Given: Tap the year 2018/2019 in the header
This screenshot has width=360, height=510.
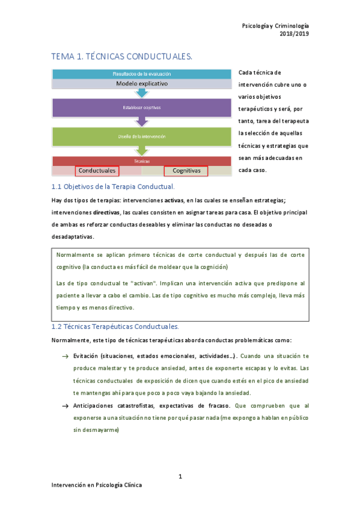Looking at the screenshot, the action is click(294, 34).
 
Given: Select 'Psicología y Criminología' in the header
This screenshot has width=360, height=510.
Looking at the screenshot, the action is click(275, 26).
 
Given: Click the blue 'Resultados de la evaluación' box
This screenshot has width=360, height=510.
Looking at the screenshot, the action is click(142, 74).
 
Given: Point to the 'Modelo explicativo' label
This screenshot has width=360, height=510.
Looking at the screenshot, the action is click(142, 84).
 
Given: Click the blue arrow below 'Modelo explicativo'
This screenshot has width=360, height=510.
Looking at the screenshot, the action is click(142, 93).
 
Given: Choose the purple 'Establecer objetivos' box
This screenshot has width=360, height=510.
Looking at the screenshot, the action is click(142, 108).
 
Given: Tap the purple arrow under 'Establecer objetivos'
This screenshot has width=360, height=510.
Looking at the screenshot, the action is click(142, 121).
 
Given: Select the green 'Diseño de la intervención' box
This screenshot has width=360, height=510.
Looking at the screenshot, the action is click(142, 137).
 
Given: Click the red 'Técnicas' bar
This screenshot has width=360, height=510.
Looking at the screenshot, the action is click(142, 162).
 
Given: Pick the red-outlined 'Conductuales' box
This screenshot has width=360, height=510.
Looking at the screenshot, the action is click(97, 171).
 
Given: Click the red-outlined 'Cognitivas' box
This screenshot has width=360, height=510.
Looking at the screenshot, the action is click(186, 171).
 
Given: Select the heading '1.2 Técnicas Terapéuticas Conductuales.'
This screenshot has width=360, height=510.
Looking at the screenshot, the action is click(115, 327).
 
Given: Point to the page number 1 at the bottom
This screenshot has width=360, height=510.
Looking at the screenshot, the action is click(180, 477).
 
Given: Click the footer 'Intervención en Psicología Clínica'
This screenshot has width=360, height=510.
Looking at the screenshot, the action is click(96, 485).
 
